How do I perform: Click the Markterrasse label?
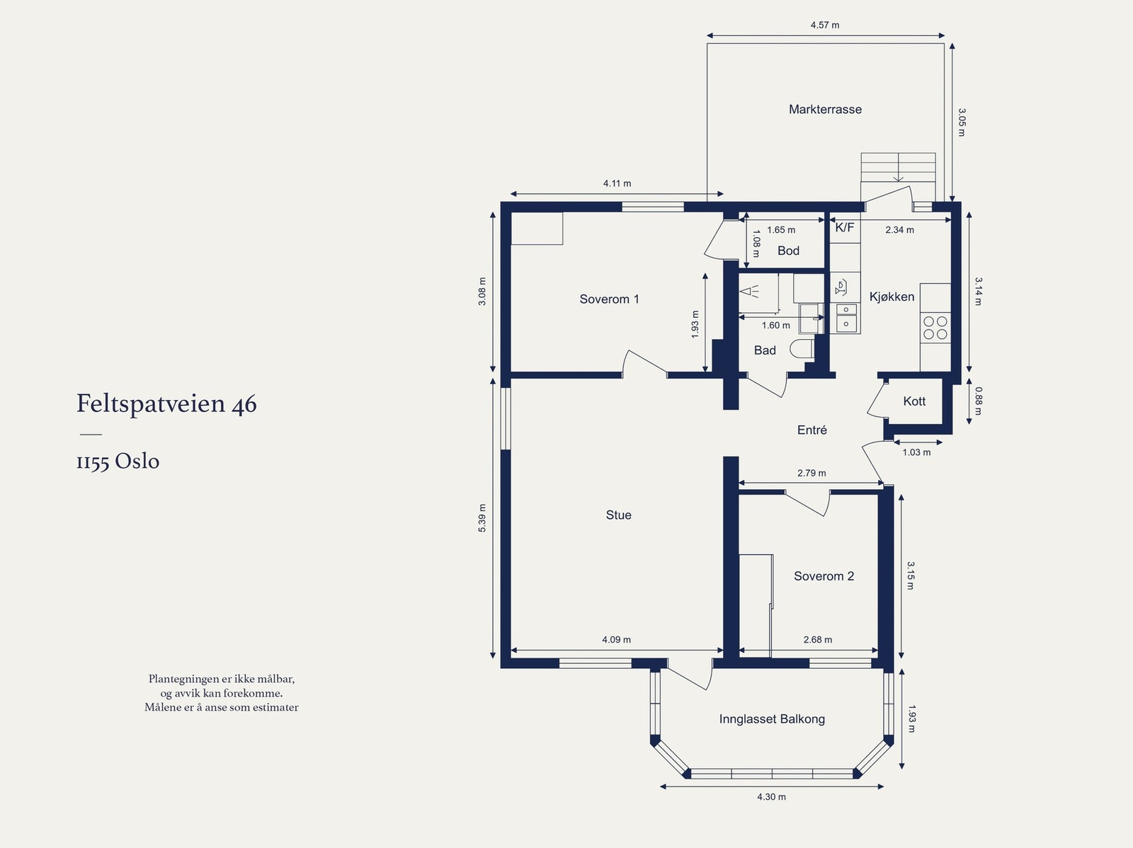(x=825, y=109)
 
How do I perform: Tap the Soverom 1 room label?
(x=609, y=299)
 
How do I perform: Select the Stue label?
(x=618, y=515)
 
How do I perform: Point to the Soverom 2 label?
(x=824, y=576)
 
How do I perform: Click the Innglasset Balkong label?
(x=772, y=719)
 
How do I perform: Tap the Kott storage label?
(x=914, y=401)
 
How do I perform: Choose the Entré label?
(x=812, y=430)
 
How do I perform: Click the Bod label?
(x=788, y=251)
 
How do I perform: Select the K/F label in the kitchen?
(x=845, y=227)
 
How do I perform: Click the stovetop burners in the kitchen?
(x=935, y=328)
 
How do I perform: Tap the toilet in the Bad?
(x=802, y=349)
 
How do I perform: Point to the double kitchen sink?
(x=846, y=317)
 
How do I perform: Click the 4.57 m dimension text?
(x=825, y=25)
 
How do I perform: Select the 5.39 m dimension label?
(x=482, y=518)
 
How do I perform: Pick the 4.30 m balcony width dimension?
(x=771, y=797)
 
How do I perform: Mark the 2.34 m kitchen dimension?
(x=900, y=230)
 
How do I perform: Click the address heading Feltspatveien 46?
(x=166, y=404)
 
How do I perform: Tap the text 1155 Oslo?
(x=118, y=462)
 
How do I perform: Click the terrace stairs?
(x=898, y=167)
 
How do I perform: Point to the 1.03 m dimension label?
(x=916, y=452)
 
